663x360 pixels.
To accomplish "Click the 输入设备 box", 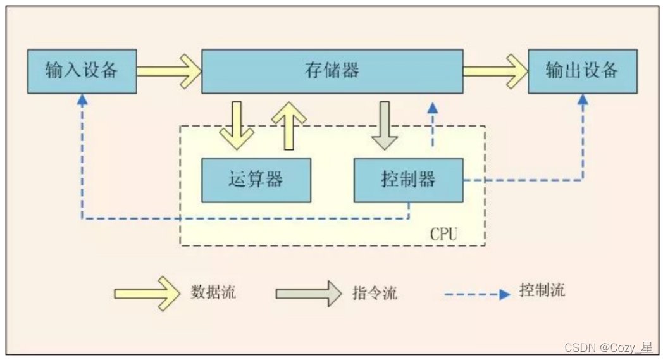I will pyautogui.click(x=82, y=71).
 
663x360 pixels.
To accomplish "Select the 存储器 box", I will pyautogui.click(x=331, y=71).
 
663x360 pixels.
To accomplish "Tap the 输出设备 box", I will pyautogui.click(x=582, y=71).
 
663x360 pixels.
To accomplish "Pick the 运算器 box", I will pyautogui.click(x=256, y=180).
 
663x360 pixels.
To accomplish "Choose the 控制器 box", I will pyautogui.click(x=408, y=180).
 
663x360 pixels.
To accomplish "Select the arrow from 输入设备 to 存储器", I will pyautogui.click(x=168, y=71).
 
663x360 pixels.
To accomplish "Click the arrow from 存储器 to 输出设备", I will pyautogui.click(x=495, y=71).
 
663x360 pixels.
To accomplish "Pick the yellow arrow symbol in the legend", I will pyautogui.click(x=147, y=293).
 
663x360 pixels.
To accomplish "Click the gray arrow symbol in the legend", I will pyautogui.click(x=308, y=293).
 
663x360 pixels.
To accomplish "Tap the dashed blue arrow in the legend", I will pyautogui.click(x=476, y=294).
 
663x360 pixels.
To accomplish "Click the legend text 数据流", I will pyautogui.click(x=213, y=293).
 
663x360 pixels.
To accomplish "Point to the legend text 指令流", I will pyautogui.click(x=375, y=294).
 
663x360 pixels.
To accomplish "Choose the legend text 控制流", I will pyautogui.click(x=542, y=291).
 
